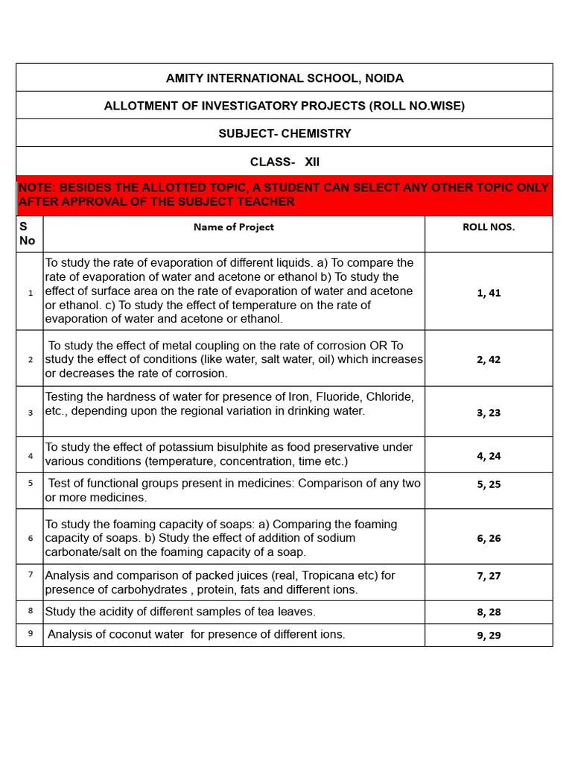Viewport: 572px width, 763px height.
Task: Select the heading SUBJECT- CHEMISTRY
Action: coord(285,133)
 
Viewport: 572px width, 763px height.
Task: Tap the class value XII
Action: coord(312,162)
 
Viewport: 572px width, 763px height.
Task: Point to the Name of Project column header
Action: coord(233,227)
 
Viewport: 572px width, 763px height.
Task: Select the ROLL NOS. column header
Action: coord(489,227)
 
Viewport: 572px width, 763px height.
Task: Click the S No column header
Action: coord(27,233)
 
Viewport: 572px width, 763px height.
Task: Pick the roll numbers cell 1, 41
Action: coord(489,293)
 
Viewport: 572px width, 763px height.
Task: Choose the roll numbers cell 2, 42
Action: coord(489,359)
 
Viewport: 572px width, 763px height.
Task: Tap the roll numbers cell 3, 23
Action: coord(489,412)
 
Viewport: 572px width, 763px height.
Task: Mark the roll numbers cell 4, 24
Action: coord(489,455)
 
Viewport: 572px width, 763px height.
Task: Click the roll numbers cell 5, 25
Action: coord(489,484)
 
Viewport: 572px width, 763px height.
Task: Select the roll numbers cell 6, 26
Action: coord(489,538)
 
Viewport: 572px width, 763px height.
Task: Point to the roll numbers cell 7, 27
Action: coord(489,575)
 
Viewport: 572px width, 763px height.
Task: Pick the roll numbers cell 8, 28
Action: coord(489,612)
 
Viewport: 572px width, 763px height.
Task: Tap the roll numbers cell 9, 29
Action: coord(489,635)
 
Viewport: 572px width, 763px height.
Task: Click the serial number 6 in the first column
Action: coord(31,538)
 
